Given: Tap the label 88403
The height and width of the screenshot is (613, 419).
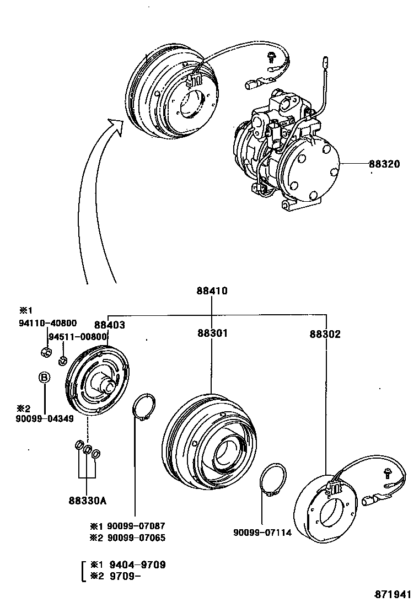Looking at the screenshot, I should pos(109,325).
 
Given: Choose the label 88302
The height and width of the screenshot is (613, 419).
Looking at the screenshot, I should pos(325,334).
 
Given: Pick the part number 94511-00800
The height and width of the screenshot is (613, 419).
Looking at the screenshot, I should pos(77,337).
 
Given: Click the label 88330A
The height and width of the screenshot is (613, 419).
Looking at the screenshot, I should pos(87,501).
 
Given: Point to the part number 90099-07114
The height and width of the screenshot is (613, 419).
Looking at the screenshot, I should pos(262,533).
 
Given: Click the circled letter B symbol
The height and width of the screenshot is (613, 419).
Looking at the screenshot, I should pos(45,378).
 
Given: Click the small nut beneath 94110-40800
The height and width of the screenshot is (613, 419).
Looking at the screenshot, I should pos(46,351).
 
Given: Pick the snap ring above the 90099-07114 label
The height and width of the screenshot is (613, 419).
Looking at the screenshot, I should pos(272,479).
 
